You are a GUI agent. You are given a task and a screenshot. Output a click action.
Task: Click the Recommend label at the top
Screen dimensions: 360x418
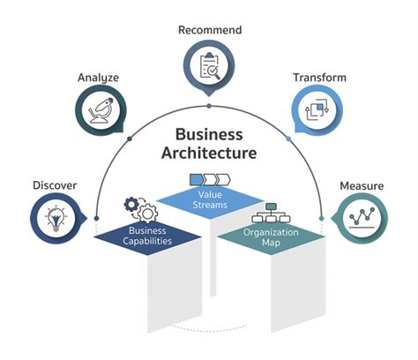209,30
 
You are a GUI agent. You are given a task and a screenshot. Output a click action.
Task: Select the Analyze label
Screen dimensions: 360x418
98,77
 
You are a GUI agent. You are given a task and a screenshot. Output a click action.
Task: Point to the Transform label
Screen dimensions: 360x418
319,78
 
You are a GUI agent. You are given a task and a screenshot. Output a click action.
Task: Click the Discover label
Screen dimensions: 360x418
55,185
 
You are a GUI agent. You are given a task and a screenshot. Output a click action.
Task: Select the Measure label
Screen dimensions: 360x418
362,186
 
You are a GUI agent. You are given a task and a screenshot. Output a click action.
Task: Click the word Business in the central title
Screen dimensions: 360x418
209,135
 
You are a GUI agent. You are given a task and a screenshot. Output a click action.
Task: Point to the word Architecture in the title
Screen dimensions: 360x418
209,154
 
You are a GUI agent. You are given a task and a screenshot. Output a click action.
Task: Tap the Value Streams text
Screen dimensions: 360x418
209,199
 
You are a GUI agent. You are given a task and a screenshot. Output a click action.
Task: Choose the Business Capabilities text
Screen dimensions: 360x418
147,237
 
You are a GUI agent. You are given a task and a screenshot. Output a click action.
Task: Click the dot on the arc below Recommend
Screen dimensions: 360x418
209,105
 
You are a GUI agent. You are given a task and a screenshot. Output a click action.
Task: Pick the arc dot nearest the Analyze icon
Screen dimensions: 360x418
130,139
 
